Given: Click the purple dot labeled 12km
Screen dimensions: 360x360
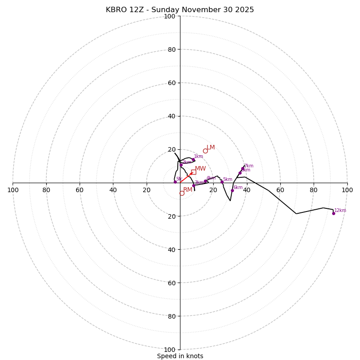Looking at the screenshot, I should point(333,213).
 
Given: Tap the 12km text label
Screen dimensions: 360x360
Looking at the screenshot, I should point(340,210).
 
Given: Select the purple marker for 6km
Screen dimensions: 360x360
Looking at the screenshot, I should point(232,190).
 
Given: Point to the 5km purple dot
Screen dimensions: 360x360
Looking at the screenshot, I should point(222,182).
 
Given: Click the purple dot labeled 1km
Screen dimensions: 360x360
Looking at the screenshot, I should point(193,160).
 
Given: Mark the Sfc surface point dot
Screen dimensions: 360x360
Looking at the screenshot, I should point(175,182).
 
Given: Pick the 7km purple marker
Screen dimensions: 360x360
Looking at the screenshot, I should point(243,169).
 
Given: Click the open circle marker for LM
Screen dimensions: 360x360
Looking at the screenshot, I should point(205,151).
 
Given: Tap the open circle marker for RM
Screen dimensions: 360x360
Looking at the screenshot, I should point(182,193).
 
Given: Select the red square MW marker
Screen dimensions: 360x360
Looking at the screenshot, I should point(193,172).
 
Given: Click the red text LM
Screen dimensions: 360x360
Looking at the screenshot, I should point(211,148).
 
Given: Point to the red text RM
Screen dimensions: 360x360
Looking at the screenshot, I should point(188,190).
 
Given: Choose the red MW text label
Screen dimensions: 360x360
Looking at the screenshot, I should point(200,169).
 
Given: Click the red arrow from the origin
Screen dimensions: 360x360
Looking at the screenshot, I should point(186,177).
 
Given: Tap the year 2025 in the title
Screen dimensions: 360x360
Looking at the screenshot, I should point(244,10).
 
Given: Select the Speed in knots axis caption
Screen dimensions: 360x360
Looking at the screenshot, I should point(180,356).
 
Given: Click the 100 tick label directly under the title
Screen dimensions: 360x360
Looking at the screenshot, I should point(170,17).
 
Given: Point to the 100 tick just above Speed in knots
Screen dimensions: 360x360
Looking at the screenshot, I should point(170,350).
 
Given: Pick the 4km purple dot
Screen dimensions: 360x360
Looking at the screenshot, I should point(206,181).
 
